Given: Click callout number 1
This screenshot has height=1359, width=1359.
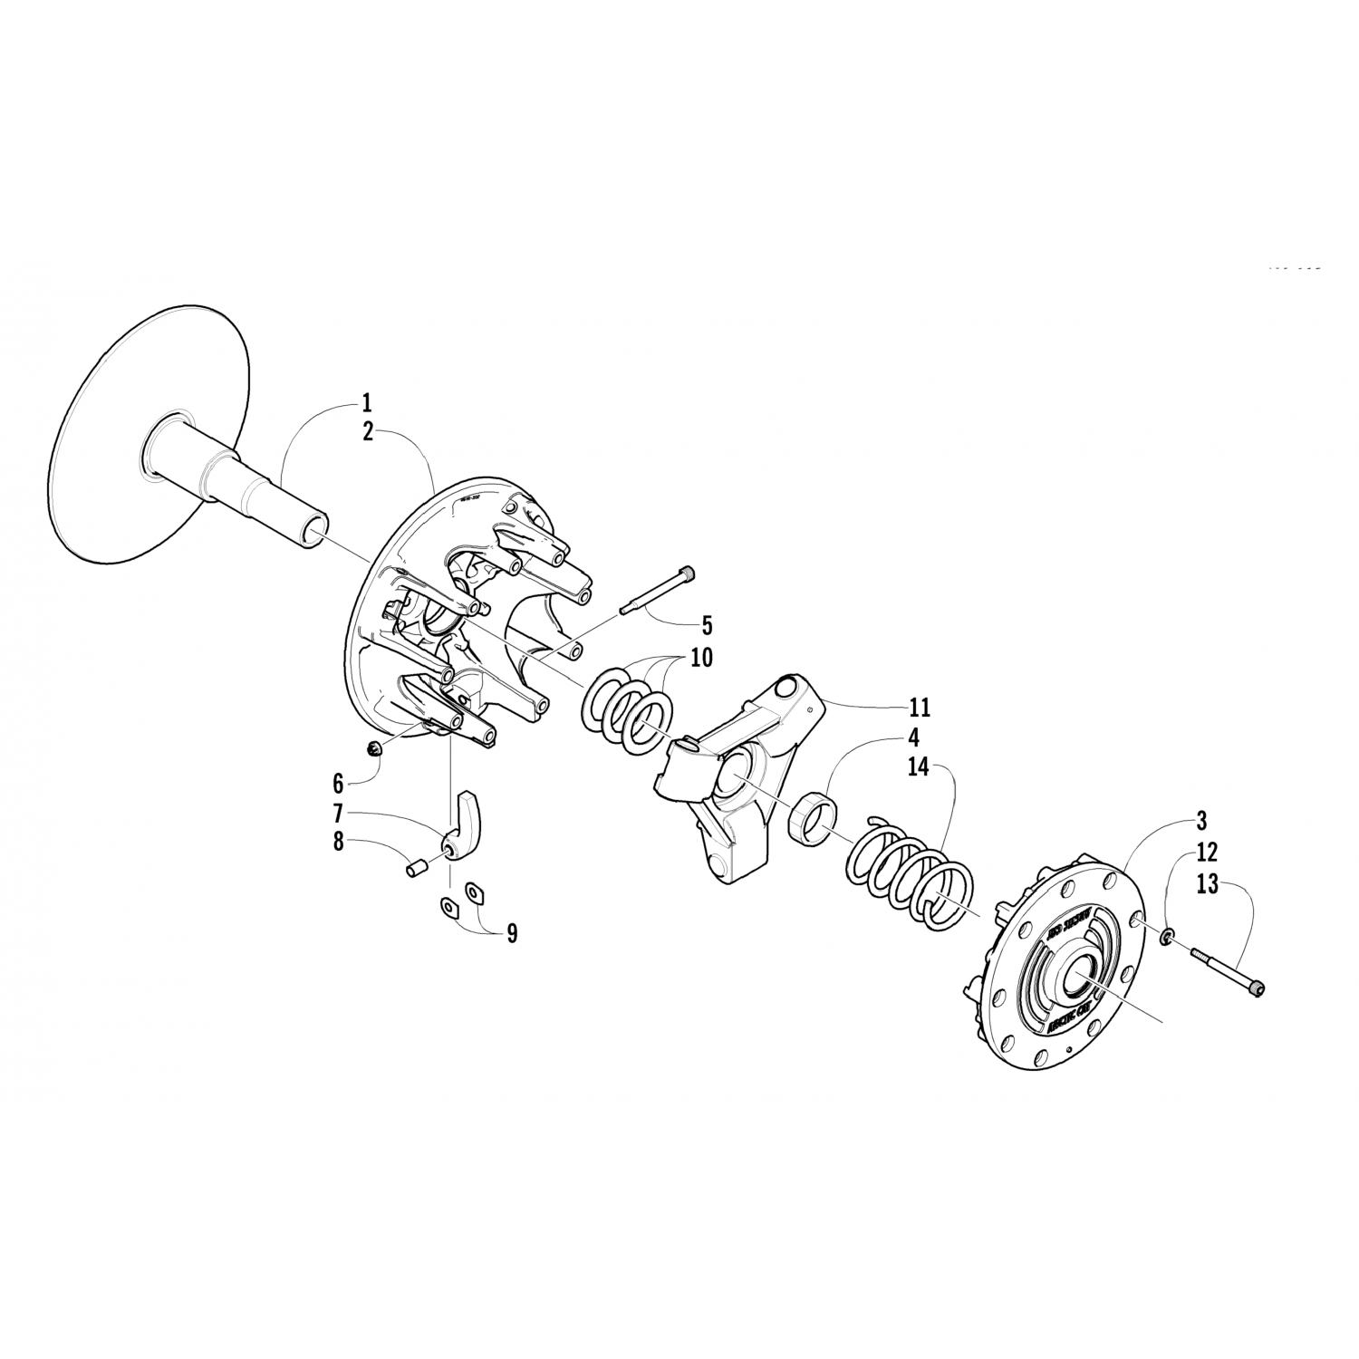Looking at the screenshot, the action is coord(366,402).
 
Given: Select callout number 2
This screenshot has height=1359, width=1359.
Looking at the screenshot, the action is coord(367,432).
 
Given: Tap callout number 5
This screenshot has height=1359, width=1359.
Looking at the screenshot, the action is coord(708,625).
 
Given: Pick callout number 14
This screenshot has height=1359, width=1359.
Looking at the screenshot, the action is coord(919,767).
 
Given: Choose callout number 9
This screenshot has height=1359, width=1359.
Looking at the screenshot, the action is coord(512,933).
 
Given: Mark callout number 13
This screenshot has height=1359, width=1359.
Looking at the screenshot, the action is coord(1207,884).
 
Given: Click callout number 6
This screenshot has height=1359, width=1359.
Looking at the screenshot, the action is coord(338,783).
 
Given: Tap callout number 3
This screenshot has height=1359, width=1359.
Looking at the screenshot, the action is coord(1201,822).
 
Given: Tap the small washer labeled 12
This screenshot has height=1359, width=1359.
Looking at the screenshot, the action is coord(1168,934).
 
